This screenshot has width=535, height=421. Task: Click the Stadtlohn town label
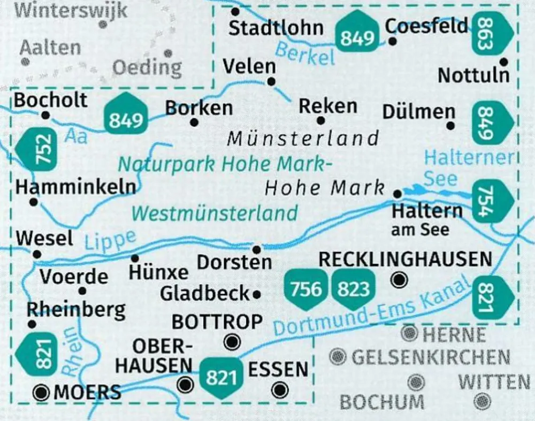coord(276,28)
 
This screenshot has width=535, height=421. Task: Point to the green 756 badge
coord(307,289)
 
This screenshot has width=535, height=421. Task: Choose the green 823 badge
coord(354,289)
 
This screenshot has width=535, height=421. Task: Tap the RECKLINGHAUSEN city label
coord(405,259)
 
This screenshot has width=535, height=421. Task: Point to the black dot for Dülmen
coord(450,126)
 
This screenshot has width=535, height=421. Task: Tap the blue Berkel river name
coord(305,53)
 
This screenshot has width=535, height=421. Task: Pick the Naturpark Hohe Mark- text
coord(222,163)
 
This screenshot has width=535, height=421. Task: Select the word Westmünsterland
coord(214,213)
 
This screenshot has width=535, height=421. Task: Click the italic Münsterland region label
coord(303,139)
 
